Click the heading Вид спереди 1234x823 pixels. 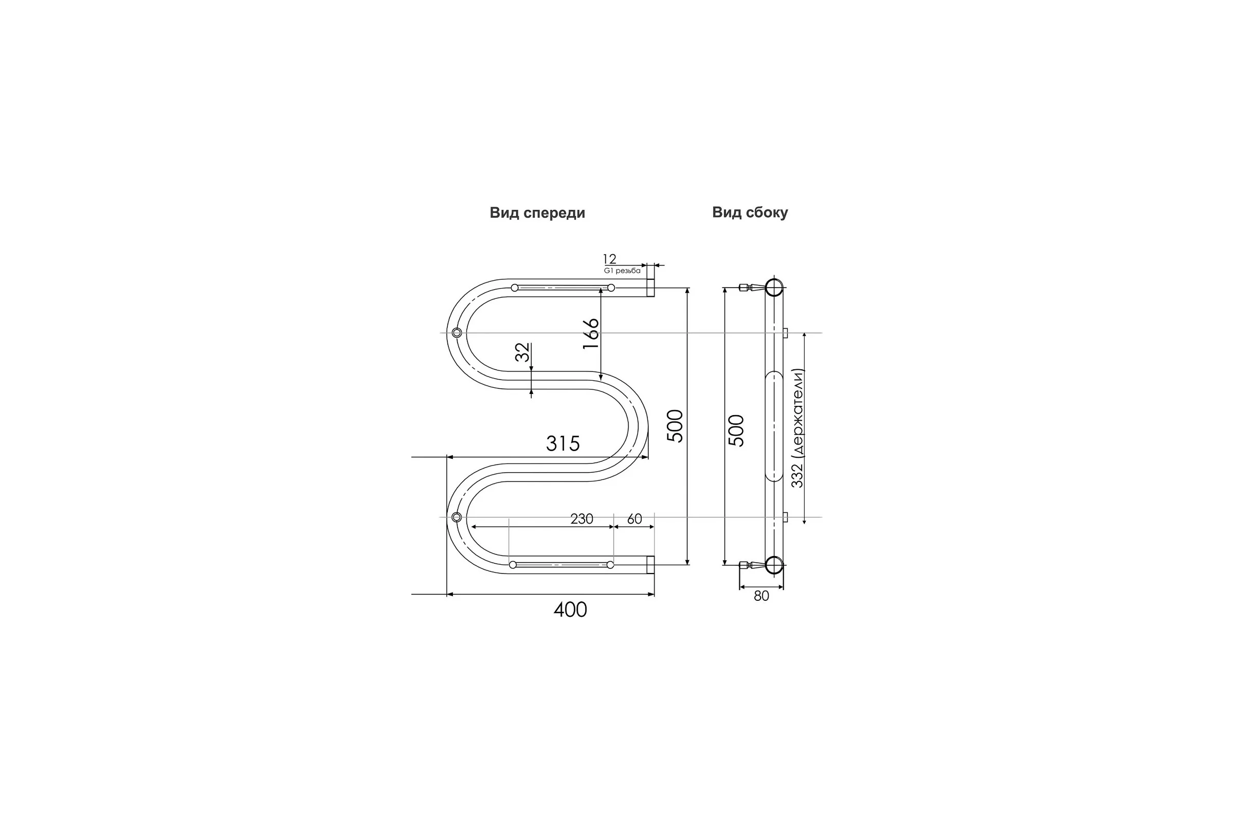coord(537,213)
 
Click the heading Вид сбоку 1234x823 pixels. coord(750,212)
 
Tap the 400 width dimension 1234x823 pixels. coord(570,610)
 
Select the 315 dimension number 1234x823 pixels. coord(563,444)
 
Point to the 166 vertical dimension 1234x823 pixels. coord(591,334)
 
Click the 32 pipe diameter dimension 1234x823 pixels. coord(522,352)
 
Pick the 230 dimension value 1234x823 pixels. coord(582,519)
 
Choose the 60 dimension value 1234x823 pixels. coord(634,519)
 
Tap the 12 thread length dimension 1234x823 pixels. coord(609,259)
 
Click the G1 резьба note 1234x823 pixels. coord(622,271)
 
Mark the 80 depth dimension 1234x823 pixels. coord(761,596)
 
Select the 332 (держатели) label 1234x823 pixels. coord(797,428)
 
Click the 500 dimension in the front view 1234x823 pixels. coord(676,426)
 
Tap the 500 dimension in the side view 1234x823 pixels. coord(737,431)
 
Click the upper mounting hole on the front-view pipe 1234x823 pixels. coord(457,333)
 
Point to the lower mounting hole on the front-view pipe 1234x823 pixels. coord(457,517)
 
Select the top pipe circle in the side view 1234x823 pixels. coord(774,288)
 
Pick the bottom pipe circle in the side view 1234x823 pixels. coord(774,565)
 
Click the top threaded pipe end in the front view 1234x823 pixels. coord(650,288)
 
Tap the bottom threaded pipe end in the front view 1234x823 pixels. coord(650,565)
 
